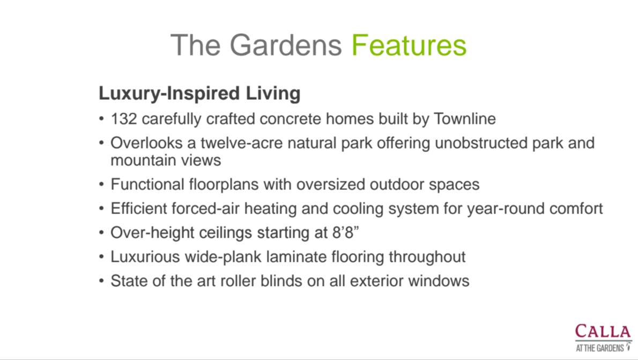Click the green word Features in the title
pyautogui.click(x=409, y=45)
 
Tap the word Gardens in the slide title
pyautogui.click(x=286, y=45)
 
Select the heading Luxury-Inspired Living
pyautogui.click(x=199, y=94)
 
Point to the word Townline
pyautogui.click(x=465, y=119)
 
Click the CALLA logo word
pyautogui.click(x=603, y=331)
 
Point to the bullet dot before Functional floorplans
pyautogui.click(x=101, y=185)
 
